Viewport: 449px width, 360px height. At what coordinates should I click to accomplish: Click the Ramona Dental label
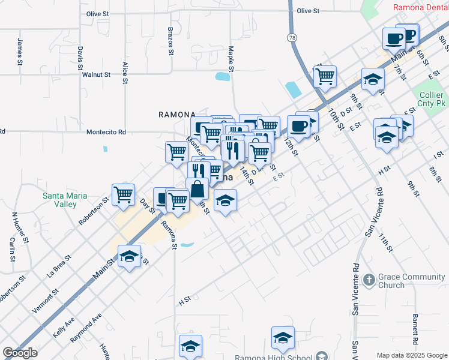click(420, 8)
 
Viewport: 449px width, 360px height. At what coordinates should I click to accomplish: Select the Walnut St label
click(97, 75)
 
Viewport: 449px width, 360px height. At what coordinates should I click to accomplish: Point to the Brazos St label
click(170, 41)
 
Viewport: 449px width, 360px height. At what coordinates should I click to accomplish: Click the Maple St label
click(230, 58)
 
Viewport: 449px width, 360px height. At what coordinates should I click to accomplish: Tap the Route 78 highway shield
click(292, 37)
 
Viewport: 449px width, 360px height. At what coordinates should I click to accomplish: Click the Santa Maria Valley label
click(64, 200)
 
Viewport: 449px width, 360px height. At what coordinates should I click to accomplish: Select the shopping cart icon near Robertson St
click(123, 195)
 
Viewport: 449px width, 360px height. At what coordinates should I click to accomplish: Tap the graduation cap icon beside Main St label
click(129, 257)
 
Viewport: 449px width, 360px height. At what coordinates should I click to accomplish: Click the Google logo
click(20, 353)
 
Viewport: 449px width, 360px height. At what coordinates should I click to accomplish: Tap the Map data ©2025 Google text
click(412, 355)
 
